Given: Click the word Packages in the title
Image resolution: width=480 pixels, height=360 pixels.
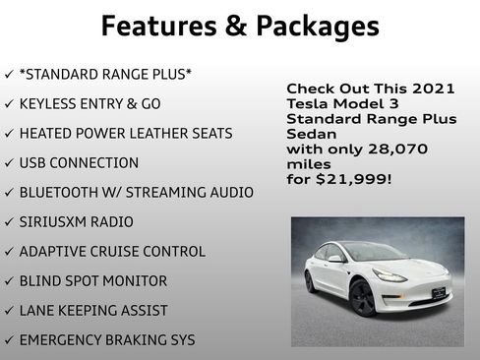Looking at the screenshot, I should coord(315,27).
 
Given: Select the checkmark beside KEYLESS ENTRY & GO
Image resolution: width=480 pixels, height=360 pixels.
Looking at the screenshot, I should coord(9,104).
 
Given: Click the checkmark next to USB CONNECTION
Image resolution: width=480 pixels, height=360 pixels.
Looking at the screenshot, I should coord(9,163).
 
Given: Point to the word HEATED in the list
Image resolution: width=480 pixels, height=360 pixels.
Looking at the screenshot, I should coord(46,134).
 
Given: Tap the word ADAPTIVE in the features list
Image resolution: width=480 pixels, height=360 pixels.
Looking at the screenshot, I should coord(53,252).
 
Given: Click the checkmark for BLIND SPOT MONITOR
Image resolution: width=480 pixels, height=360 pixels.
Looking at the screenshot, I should coord(9,281).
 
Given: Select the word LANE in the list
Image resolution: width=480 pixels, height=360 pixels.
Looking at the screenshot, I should coord(38,311).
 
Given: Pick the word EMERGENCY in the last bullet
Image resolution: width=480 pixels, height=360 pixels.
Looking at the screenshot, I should coord(63,340).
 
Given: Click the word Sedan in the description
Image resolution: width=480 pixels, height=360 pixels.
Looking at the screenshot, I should coord(311,134).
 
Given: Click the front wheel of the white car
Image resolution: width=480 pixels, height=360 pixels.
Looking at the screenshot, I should coord(361,297).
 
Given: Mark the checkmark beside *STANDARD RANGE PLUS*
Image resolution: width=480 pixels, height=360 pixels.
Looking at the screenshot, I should coord(9,75).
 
